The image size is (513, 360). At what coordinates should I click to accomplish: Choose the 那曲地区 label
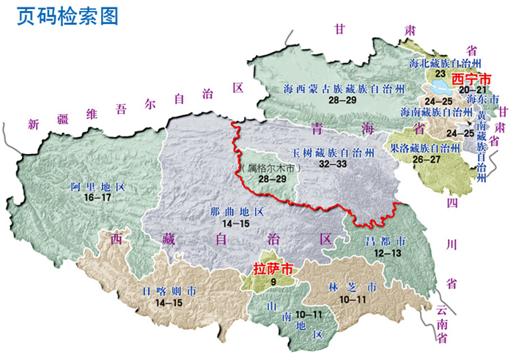[231, 212]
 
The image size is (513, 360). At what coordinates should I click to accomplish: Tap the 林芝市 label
[353, 288]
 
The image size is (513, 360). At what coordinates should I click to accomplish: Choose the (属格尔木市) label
[265, 168]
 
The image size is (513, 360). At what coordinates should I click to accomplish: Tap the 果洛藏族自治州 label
[429, 147]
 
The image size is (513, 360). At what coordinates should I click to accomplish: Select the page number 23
[440, 73]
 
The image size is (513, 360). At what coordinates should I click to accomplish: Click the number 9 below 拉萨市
[273, 280]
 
